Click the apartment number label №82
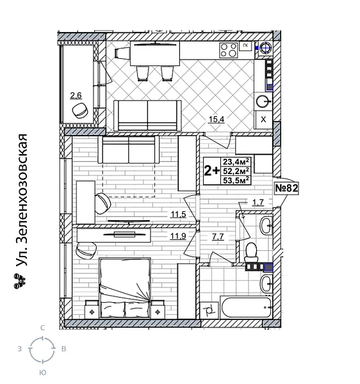pos(287,188)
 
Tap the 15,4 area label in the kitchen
pos(217,118)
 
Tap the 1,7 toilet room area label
pos(258,204)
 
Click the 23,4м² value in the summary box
pos(236,161)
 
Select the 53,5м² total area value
pos(236,179)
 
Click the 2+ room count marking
pos(211,170)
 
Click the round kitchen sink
pos(263,100)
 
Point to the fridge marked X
pos(263,119)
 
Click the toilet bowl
pos(252,249)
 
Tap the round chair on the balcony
pos(81,111)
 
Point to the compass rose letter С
pos(42,328)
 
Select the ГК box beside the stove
pos(244,45)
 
